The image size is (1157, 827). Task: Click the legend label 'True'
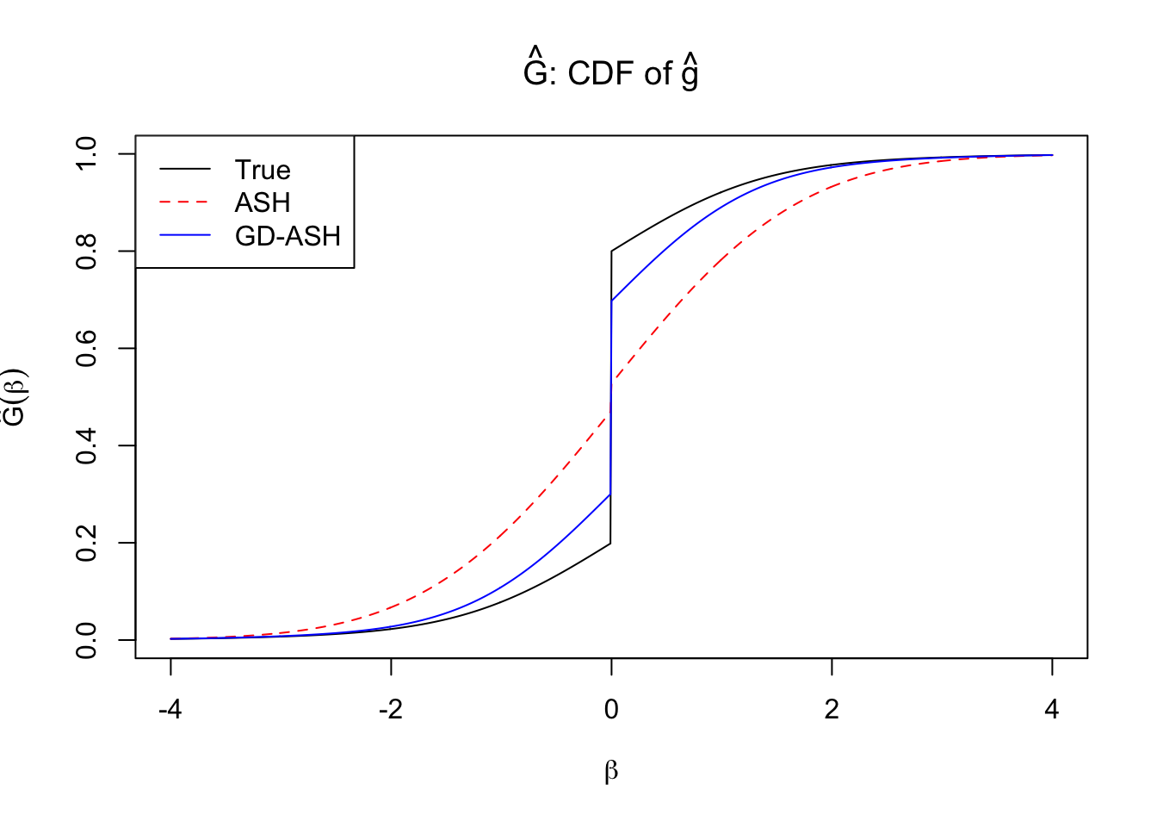tap(263, 170)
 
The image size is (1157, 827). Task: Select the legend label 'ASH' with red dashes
tap(263, 202)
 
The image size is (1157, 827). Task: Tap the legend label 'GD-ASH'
tap(288, 236)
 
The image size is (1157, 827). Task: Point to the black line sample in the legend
tap(185, 170)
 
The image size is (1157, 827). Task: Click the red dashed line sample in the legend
tap(185, 202)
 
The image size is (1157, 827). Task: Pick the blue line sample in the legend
tap(185, 236)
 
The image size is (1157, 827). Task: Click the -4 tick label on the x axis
tap(170, 709)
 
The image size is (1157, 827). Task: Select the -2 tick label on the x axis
tap(391, 709)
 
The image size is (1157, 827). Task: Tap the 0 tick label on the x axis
tap(611, 709)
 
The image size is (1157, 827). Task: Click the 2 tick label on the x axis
tap(832, 709)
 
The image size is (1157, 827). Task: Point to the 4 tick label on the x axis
tap(1052, 709)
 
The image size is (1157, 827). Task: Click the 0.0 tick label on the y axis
tap(87, 640)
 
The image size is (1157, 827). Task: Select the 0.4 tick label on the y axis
tap(87, 445)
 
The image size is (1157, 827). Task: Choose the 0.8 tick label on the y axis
tap(87, 251)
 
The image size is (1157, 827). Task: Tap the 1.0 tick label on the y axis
tap(87, 153)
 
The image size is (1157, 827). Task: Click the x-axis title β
tap(611, 771)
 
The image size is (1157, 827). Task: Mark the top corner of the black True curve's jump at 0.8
tap(611, 251)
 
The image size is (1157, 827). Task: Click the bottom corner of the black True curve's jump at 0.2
tap(611, 543)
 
